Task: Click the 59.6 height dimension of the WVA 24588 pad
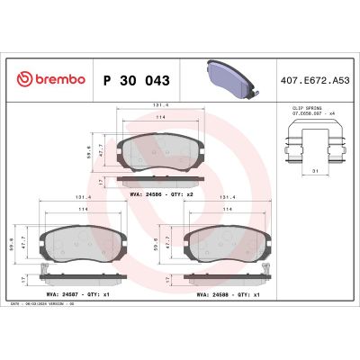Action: click(x=157, y=240)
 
